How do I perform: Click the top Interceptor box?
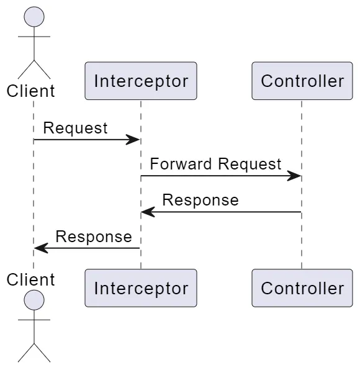(x=141, y=81)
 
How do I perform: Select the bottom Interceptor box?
(x=141, y=288)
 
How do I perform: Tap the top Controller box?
(x=302, y=81)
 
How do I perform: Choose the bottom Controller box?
(x=302, y=288)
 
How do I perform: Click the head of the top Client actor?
(x=34, y=17)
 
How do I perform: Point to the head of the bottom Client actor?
(x=34, y=300)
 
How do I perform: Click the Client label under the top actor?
(x=31, y=91)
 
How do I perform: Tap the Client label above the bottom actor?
(x=31, y=279)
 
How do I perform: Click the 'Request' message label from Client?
(x=75, y=128)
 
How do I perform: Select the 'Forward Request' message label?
(x=215, y=164)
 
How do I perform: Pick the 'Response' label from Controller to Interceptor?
(x=200, y=200)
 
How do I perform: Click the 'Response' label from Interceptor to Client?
(x=94, y=237)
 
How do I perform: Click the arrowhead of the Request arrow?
(x=133, y=140)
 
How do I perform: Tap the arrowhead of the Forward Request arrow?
(x=294, y=176)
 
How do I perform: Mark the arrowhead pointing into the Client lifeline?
(x=41, y=248)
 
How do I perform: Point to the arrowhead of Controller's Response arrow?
(x=148, y=212)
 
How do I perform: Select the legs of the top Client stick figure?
(x=34, y=68)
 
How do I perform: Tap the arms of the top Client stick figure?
(x=34, y=37)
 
